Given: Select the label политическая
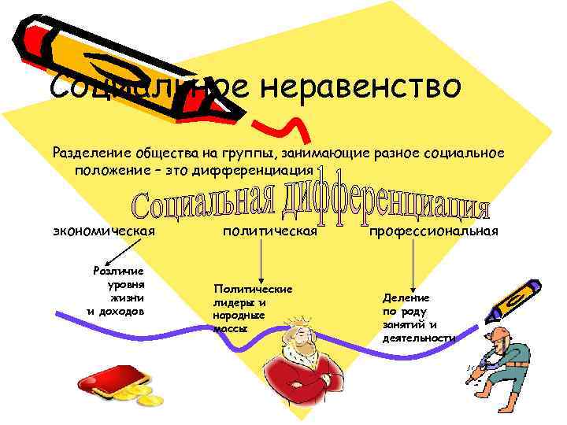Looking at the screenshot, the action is pyautogui.click(x=270, y=231).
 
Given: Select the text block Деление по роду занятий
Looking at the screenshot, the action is pyautogui.click(x=417, y=317).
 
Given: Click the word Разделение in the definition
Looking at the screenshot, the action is pyautogui.click(x=89, y=150).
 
